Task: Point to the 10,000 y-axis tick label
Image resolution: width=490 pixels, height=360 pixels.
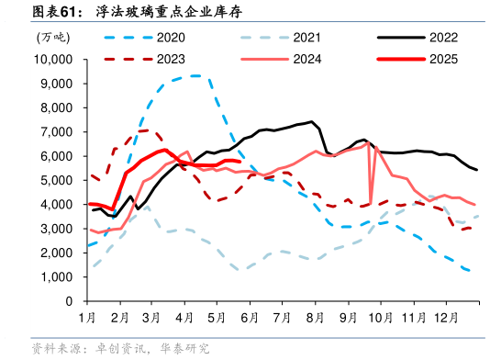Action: [x=53, y=60]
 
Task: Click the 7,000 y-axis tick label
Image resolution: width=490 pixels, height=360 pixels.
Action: [x=58, y=132]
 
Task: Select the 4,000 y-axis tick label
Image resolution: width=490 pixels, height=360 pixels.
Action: [x=58, y=205]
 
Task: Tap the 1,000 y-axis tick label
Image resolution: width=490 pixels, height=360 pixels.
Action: [x=58, y=277]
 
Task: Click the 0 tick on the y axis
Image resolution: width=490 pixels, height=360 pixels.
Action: [x=70, y=301]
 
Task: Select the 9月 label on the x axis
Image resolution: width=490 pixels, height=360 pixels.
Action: [x=348, y=317]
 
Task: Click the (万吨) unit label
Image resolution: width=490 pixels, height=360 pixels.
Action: [x=51, y=38]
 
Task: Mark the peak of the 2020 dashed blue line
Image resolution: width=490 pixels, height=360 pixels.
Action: [x=196, y=75]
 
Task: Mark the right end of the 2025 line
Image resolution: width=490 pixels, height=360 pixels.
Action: [x=238, y=162]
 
